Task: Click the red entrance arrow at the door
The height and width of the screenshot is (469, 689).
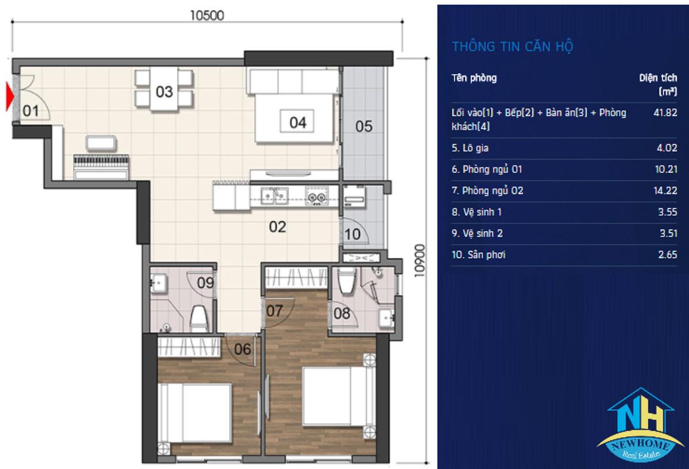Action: [10, 96]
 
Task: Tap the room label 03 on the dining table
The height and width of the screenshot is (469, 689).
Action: [164, 92]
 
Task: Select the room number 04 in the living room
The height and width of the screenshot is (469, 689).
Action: [298, 122]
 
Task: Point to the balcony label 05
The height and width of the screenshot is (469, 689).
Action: [364, 126]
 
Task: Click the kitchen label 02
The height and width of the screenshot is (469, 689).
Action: [277, 227]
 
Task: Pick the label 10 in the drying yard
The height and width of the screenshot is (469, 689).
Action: [353, 235]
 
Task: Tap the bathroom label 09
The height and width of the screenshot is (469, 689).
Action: [206, 283]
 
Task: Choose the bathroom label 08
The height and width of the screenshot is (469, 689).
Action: [342, 313]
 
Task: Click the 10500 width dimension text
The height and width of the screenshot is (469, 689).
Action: [207, 15]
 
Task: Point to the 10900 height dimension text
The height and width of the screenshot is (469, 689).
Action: [420, 261]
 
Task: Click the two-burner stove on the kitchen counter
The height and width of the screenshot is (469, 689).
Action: [317, 195]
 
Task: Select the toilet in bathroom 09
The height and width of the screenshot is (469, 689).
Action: [199, 319]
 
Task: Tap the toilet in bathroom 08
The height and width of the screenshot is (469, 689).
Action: [347, 281]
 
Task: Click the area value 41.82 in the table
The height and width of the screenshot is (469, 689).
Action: [665, 113]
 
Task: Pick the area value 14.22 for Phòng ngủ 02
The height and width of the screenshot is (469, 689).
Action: [665, 191]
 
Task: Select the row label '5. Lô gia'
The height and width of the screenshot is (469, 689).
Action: [470, 148]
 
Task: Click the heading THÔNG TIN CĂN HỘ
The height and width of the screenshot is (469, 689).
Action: [513, 46]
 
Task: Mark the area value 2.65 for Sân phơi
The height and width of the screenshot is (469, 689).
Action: [667, 255]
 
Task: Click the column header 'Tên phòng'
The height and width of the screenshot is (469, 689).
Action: [474, 78]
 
